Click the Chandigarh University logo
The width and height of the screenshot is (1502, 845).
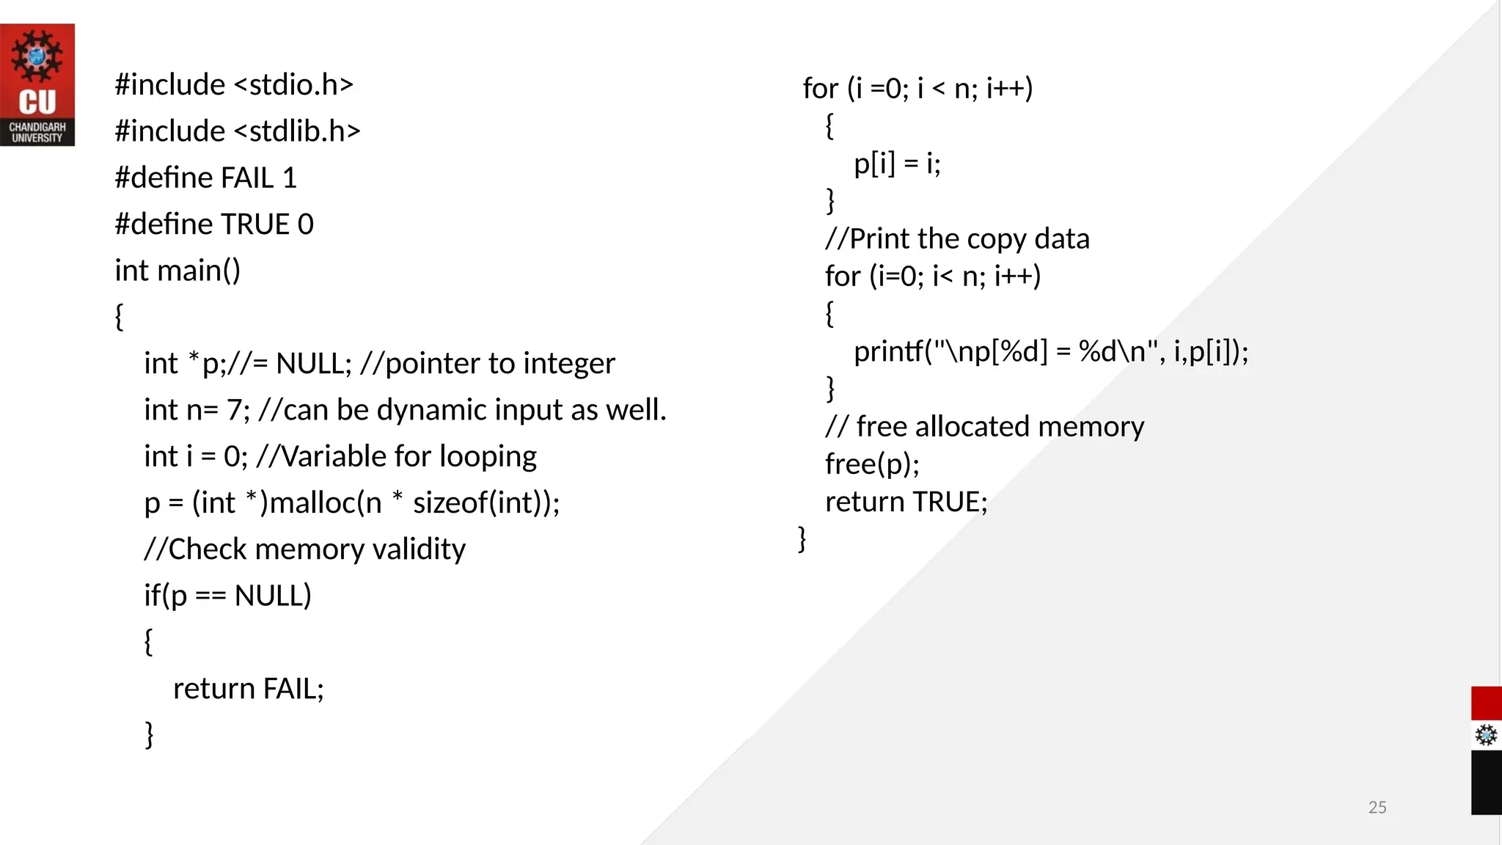(x=37, y=84)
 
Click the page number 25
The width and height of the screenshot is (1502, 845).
(x=1377, y=807)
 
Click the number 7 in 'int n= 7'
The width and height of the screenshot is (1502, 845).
(x=234, y=410)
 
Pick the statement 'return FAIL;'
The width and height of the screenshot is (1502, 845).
(x=248, y=689)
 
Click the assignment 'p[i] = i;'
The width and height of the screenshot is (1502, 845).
(x=897, y=163)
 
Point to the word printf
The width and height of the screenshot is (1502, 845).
(x=888, y=351)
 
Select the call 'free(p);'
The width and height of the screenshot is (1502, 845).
(x=872, y=464)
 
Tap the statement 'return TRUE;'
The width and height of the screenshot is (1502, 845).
(x=906, y=502)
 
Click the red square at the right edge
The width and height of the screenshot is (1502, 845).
(x=1486, y=703)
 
